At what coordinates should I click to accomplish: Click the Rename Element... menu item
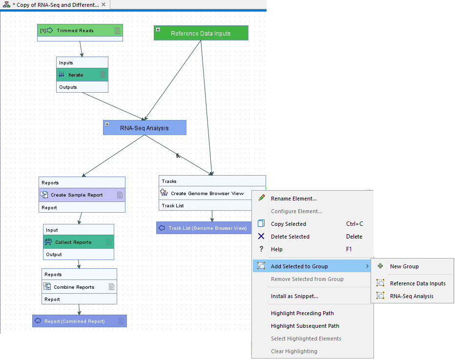[293, 199]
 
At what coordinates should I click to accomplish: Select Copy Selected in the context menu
[288, 224]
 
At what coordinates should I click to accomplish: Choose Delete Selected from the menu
[290, 237]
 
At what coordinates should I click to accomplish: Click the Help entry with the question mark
[276, 249]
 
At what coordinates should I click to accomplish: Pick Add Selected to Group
[299, 266]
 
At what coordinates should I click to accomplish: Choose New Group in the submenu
[404, 266]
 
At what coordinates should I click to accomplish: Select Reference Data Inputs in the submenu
[417, 283]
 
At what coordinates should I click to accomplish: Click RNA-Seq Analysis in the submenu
[411, 296]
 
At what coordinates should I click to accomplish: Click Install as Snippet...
[294, 296]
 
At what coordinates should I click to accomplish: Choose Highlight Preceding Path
[302, 313]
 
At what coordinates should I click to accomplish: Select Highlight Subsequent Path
[305, 326]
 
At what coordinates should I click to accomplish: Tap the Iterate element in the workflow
[76, 75]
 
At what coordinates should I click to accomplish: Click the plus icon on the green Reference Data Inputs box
[158, 30]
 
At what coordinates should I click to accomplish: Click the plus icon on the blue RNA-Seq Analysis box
[107, 124]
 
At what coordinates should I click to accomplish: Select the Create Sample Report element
[77, 195]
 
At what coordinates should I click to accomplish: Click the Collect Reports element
[73, 242]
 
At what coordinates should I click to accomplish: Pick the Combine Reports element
[74, 287]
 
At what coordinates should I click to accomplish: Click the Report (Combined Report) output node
[75, 321]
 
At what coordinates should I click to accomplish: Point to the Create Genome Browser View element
[207, 194]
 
